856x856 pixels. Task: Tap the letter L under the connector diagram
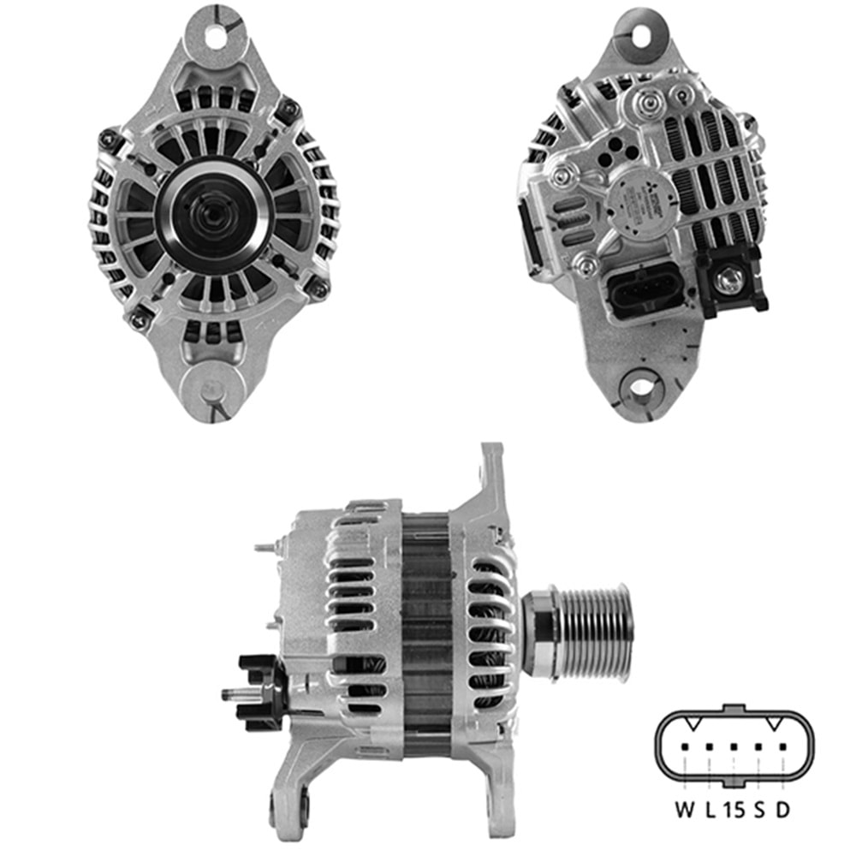(x=710, y=809)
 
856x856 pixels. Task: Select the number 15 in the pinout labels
(x=734, y=809)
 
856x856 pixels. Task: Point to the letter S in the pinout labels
(x=759, y=809)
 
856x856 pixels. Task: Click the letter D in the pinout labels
(x=782, y=809)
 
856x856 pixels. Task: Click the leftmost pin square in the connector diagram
(x=685, y=746)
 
